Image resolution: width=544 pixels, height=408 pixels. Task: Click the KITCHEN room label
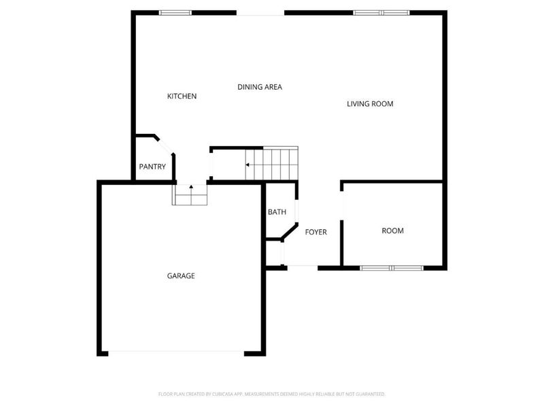tap(182, 97)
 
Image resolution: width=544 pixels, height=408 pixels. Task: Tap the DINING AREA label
tap(259, 87)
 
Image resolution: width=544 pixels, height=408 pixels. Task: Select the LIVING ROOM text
tap(370, 104)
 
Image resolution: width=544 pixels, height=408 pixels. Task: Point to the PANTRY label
tap(152, 167)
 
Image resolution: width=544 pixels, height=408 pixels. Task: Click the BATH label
tap(277, 212)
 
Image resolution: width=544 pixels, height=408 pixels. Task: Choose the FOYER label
tap(316, 232)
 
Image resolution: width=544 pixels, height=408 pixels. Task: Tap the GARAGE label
tap(181, 276)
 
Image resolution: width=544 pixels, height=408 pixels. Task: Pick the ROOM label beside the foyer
tap(392, 231)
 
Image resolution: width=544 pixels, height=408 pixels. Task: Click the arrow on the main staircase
tap(250, 165)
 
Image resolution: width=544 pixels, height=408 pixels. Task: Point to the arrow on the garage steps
tap(191, 186)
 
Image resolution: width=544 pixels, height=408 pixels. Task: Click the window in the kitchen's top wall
tap(175, 12)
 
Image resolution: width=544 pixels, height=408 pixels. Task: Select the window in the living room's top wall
tap(381, 12)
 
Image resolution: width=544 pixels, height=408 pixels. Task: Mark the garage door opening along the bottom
tap(176, 352)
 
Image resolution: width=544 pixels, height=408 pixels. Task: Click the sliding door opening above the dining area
tap(260, 13)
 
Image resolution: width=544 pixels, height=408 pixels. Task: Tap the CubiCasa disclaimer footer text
tap(272, 394)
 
